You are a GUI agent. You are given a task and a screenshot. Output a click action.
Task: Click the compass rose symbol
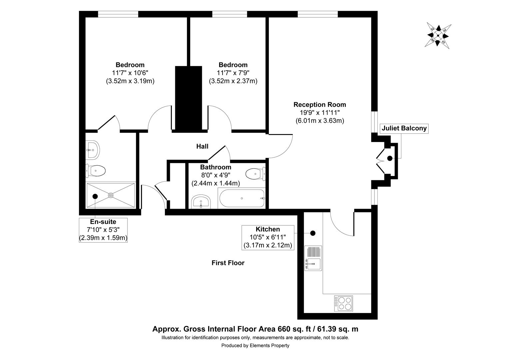tap(438, 36)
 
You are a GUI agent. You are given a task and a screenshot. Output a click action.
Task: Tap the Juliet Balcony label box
tap(404, 128)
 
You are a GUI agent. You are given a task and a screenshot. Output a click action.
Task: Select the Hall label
tap(202, 146)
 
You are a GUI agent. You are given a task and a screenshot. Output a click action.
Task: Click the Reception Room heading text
tap(319, 105)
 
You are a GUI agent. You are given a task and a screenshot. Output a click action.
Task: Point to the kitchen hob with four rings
tap(343, 303)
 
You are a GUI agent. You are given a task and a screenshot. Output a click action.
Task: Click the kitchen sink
tap(313, 263)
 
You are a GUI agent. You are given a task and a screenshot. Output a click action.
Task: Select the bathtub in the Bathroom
tap(242, 198)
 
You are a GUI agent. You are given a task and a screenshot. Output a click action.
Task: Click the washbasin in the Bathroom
tap(201, 202)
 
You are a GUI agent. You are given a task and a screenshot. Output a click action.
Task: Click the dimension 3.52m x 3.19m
tap(130, 81)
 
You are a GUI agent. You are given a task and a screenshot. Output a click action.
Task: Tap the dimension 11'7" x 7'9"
tap(233, 73)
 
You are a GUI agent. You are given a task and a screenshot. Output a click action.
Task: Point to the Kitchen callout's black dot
tap(313, 233)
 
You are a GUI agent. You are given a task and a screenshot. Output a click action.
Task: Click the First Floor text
tap(228, 263)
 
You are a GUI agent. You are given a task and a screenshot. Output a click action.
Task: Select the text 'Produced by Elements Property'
tap(255, 346)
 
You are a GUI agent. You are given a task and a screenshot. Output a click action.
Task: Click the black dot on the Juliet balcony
tap(389, 159)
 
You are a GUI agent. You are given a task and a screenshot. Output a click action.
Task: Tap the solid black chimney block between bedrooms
tap(189, 98)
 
